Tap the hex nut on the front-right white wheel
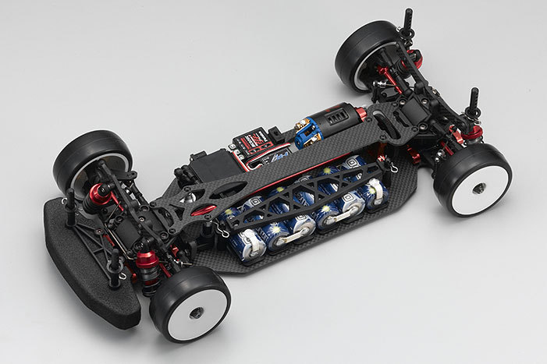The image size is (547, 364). tap(195, 312)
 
